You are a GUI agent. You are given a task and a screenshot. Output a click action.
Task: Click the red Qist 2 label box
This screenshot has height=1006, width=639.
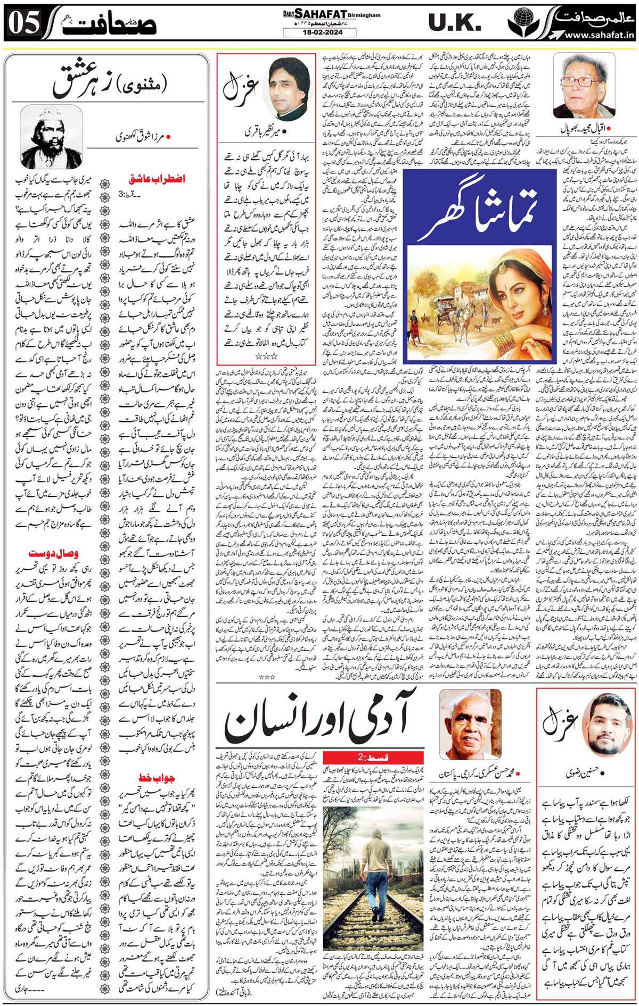[x=373, y=758]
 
